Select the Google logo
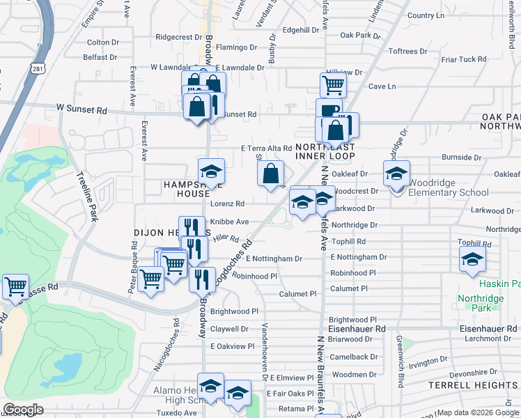click(23, 410)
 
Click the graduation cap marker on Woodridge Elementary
click(396, 173)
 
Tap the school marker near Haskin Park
click(472, 261)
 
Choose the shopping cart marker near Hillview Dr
click(333, 85)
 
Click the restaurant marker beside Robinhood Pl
click(201, 279)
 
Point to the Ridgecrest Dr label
click(178, 37)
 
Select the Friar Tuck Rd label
click(463, 60)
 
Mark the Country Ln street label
click(426, 15)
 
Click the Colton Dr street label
click(103, 42)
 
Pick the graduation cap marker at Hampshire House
click(211, 171)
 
